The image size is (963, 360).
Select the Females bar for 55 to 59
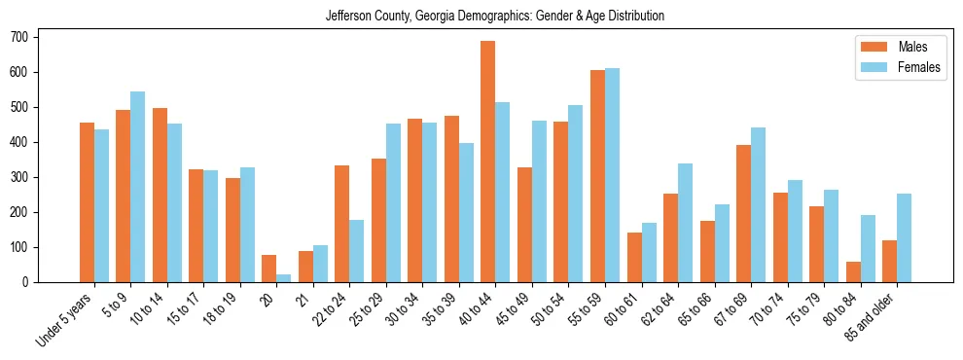click(x=612, y=175)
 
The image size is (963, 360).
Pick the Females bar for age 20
click(x=284, y=278)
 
